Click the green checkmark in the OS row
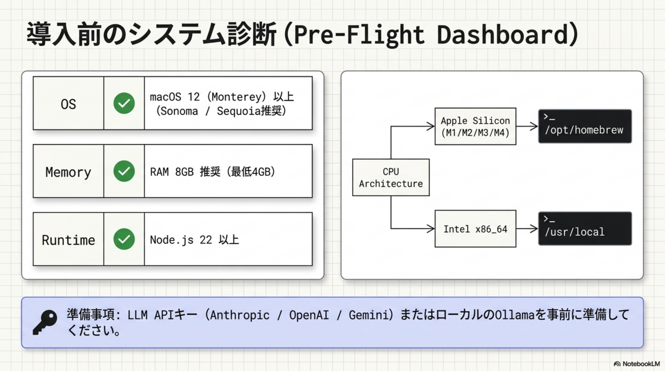[x=124, y=103]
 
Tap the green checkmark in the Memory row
[x=124, y=171]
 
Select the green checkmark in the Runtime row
[x=124, y=239]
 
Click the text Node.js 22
[x=181, y=240]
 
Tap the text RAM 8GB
[x=172, y=172]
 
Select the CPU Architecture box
[x=391, y=178]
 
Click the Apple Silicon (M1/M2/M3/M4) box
[x=475, y=126]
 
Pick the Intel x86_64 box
[x=475, y=229]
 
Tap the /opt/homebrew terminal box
[x=585, y=126]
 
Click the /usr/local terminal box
[x=585, y=229]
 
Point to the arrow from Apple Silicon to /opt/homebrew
[x=527, y=126]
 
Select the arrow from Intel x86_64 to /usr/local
[x=527, y=228]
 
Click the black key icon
[x=45, y=322]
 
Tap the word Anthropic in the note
[x=239, y=315]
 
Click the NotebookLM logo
[x=636, y=364]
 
